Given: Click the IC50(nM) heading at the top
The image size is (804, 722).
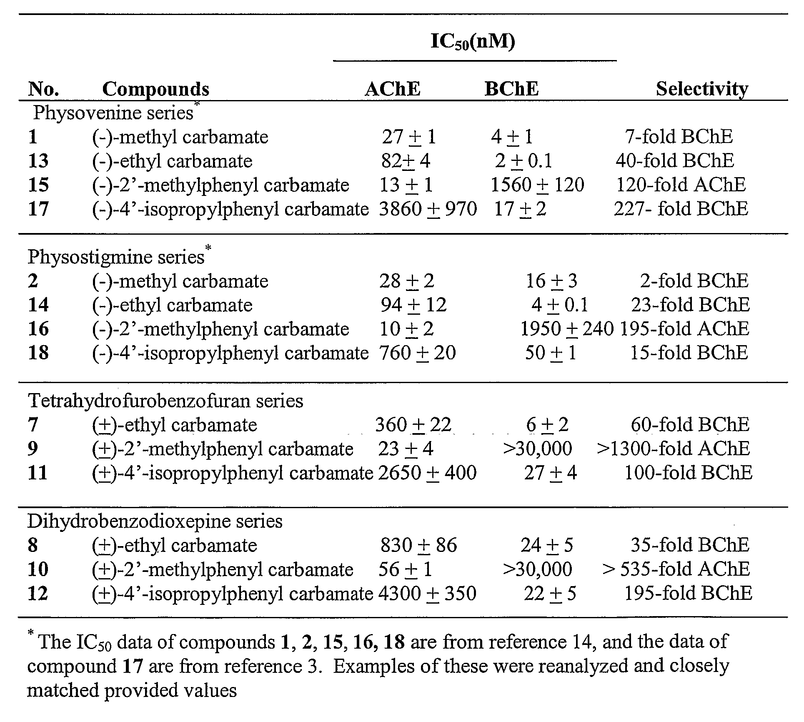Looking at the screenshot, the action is pos(473,42).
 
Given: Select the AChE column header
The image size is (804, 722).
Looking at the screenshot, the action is pos(393,89).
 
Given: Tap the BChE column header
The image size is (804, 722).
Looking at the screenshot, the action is pos(512,89).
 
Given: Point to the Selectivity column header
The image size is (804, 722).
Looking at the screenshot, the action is pos(702,89).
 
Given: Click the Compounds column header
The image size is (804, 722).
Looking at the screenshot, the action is pos(155,89).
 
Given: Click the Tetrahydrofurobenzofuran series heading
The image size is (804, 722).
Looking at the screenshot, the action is pos(165,401).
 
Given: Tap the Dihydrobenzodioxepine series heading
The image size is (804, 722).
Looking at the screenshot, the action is pos(155,521).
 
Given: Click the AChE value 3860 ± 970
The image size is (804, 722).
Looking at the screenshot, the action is pos(428,209).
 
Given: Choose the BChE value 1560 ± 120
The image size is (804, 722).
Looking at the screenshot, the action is pos(538,185).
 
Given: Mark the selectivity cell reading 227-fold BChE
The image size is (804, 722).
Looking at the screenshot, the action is pos(681,209).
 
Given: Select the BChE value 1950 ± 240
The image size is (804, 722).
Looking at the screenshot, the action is pos(567,329).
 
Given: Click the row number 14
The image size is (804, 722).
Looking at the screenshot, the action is pos(38,305).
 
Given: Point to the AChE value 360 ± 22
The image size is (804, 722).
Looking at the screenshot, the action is pos(413,425).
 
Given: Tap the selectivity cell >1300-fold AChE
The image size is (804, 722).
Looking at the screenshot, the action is pos(673,449).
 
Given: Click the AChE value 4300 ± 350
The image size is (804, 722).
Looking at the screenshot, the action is pos(427,593).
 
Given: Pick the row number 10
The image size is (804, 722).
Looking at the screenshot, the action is pos(38,569).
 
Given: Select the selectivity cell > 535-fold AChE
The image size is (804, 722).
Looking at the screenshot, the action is pos(676,569).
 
